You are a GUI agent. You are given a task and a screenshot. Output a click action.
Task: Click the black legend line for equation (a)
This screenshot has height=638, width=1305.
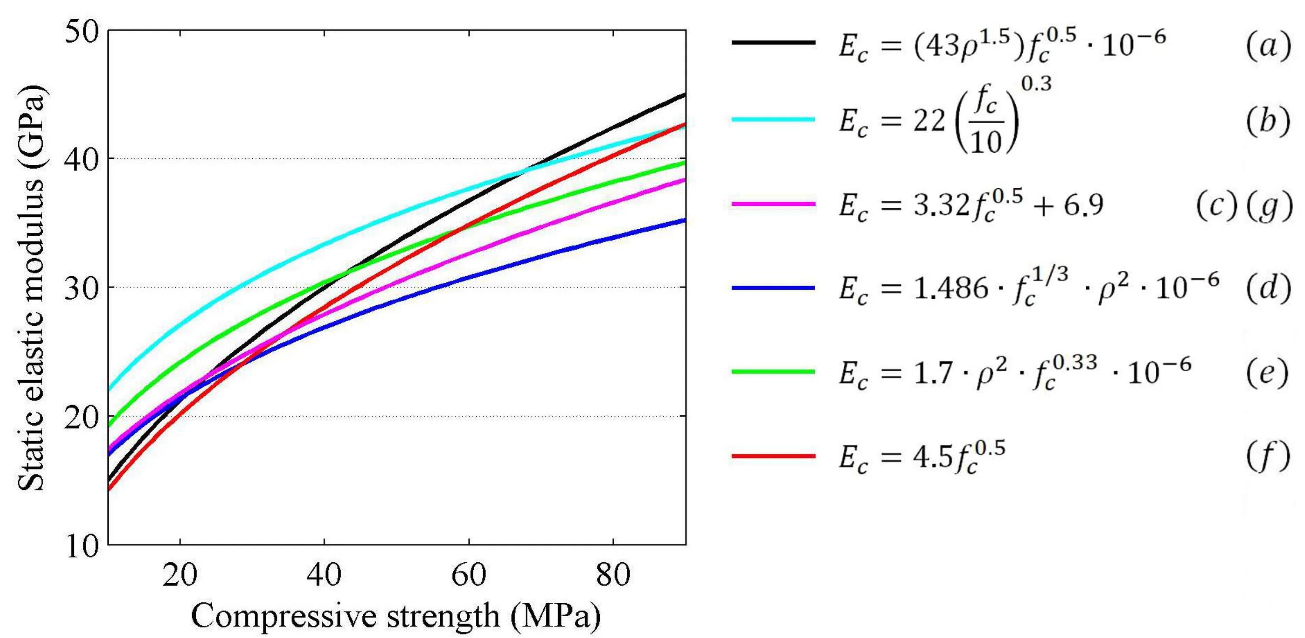773,43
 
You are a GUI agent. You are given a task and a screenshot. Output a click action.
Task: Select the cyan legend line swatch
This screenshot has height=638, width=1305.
773,120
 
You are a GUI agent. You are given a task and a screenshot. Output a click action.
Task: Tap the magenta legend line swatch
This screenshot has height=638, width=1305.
773,204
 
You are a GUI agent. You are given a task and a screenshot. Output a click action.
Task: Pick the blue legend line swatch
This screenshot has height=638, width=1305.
773,287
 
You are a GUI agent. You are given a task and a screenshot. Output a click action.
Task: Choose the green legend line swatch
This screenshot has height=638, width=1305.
773,372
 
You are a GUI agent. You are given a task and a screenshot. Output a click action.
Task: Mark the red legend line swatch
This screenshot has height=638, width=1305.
773,456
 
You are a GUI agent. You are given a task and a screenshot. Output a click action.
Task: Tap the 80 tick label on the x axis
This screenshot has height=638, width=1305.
613,575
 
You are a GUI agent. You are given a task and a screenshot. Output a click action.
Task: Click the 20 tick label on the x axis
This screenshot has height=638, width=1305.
180,575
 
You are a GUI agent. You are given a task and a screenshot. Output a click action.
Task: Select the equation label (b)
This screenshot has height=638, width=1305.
1268,121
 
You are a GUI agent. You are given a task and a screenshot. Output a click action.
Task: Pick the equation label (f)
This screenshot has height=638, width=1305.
1268,457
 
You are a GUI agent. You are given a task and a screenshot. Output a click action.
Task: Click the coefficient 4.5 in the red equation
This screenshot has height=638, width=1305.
932,457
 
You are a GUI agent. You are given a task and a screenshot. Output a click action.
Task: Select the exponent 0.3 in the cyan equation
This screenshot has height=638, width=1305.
1037,84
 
